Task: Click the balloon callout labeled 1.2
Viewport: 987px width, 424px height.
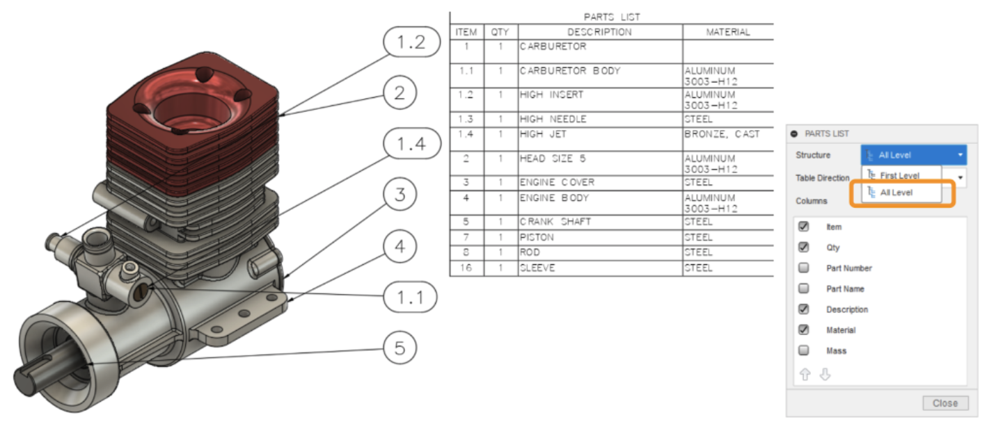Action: [x=411, y=43]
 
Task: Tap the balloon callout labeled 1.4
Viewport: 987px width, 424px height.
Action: [x=412, y=145]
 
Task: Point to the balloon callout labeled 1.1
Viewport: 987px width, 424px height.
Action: [x=410, y=298]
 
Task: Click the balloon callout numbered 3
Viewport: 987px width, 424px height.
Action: [x=400, y=195]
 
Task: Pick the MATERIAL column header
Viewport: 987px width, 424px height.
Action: [x=728, y=32]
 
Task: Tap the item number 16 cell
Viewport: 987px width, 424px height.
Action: [x=466, y=268]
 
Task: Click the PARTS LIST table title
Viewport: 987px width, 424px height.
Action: [x=611, y=17]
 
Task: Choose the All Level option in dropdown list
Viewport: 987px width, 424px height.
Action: [x=897, y=193]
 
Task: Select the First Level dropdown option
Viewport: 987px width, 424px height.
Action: [x=899, y=176]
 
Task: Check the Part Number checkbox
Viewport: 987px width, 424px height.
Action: [x=804, y=268]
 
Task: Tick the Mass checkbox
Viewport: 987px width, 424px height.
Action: [x=804, y=351]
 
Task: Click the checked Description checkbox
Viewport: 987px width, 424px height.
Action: [x=804, y=309]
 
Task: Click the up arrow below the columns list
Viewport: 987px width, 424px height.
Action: [x=805, y=375]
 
